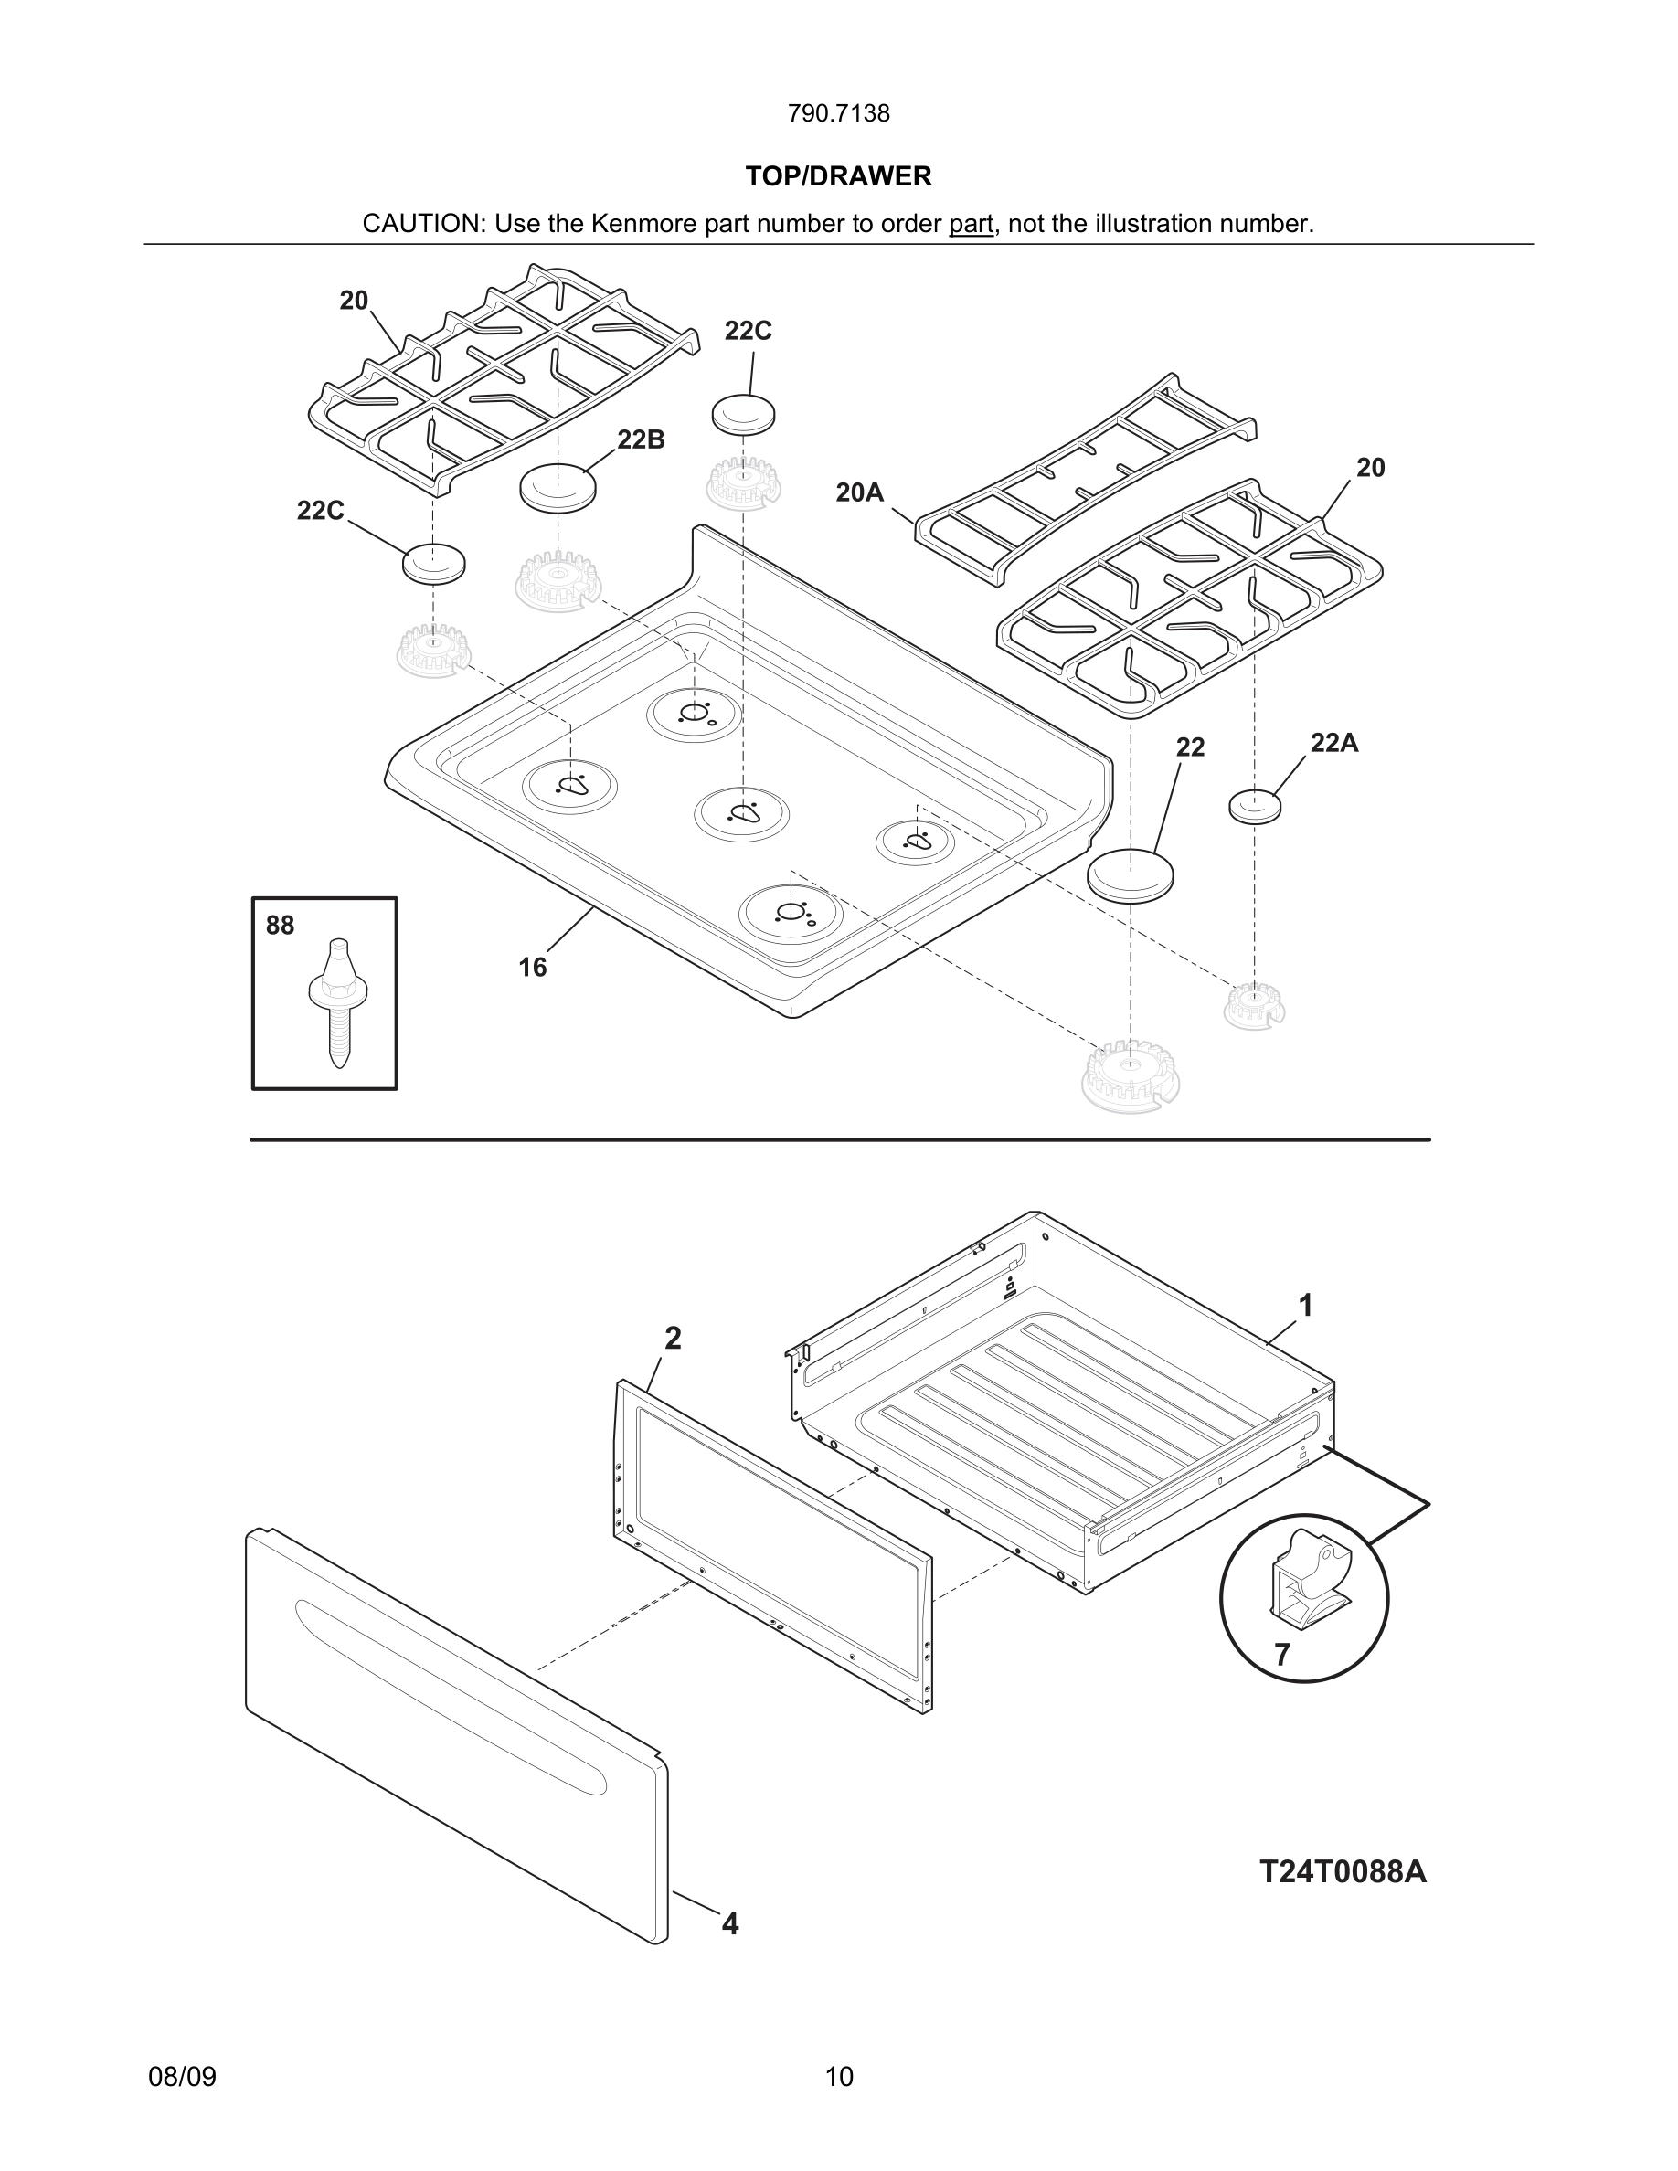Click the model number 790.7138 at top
(838, 113)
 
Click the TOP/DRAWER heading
(838, 176)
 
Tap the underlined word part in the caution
(971, 224)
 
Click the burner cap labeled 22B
(558, 487)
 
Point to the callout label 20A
(859, 492)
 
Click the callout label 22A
(1333, 743)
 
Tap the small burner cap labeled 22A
(1255, 805)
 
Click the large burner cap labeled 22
(1131, 874)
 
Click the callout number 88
(280, 926)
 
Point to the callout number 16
(532, 968)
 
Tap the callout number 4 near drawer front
(729, 1923)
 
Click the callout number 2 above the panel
(673, 1339)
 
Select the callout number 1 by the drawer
(1305, 1305)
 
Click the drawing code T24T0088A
(1342, 1872)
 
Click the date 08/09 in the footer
(182, 2077)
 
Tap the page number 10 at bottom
(838, 2077)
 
